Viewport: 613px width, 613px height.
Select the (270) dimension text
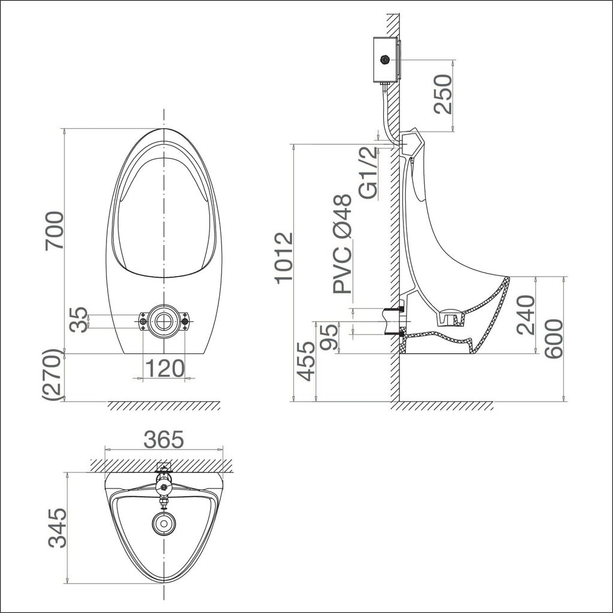point(54,375)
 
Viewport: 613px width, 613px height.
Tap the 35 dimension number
point(78,320)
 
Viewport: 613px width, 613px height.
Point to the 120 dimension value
point(163,369)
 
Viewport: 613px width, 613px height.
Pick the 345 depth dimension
point(57,528)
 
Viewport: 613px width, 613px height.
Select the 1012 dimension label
point(284,257)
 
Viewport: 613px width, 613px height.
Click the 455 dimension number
point(306,361)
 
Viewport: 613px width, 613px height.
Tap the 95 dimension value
point(329,337)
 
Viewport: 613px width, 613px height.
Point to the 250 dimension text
point(443,95)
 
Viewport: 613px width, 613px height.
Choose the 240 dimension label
point(527,315)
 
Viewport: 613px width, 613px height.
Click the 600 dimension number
point(554,339)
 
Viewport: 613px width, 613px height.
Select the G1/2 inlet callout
point(368,173)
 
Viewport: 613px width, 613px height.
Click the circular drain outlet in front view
point(163,321)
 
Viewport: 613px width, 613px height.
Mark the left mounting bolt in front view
point(143,322)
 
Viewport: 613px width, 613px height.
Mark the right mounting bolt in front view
point(184,322)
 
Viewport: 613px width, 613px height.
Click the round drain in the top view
point(162,523)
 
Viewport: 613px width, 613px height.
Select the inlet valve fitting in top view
point(163,482)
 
